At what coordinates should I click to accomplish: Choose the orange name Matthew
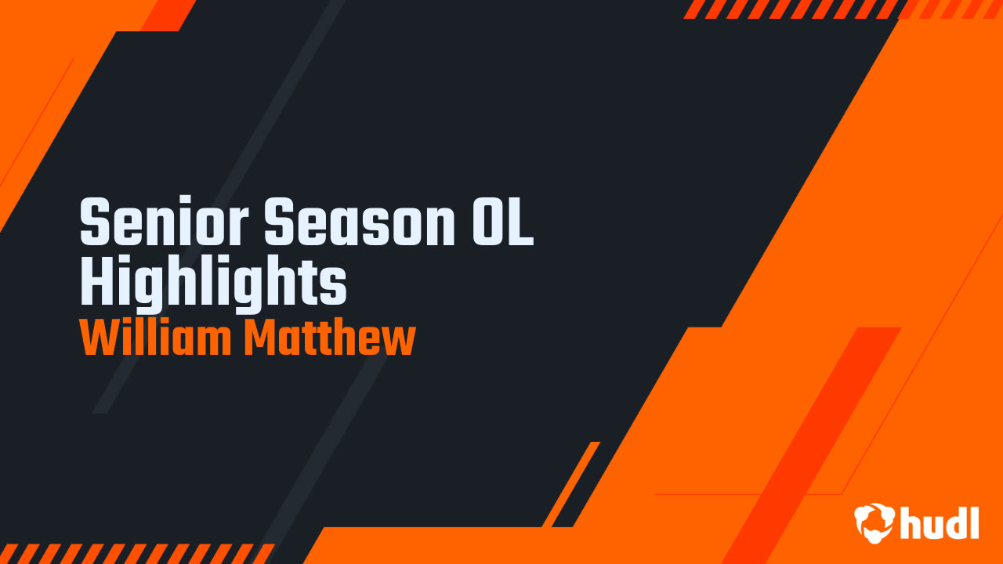point(329,338)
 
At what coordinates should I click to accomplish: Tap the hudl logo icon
point(874,522)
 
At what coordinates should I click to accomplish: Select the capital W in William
point(97,338)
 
